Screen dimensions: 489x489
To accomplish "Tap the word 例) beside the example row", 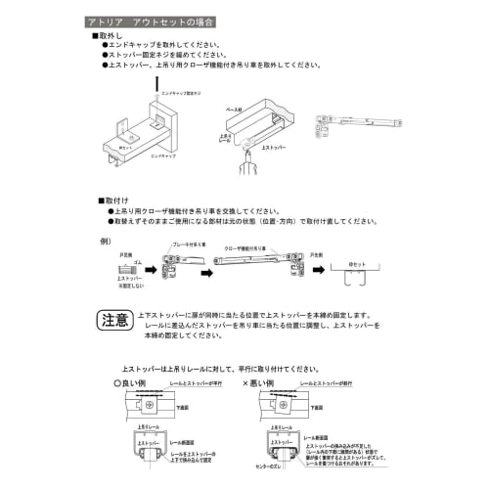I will pyautogui.click(x=106, y=240).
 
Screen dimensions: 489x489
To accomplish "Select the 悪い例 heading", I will pyautogui.click(x=271, y=384).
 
